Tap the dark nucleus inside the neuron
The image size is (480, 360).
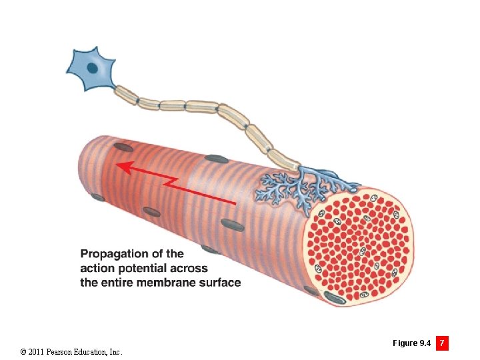[93, 67]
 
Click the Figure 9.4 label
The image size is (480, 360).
[411, 343]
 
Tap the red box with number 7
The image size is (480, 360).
[442, 343]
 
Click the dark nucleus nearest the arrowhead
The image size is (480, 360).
[123, 147]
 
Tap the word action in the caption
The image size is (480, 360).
[96, 268]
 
